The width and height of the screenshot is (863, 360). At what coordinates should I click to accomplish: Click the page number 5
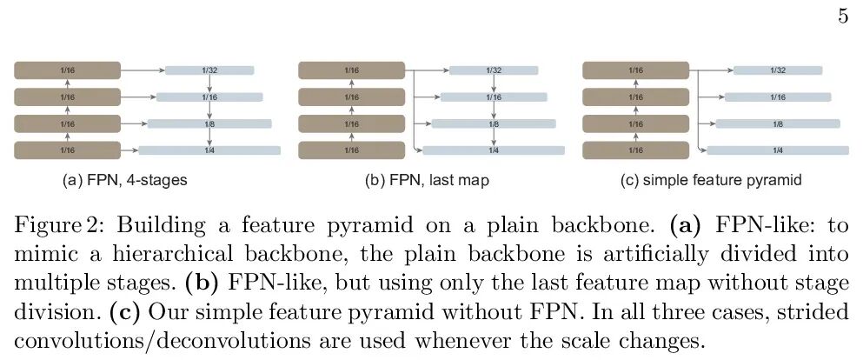coord(843,18)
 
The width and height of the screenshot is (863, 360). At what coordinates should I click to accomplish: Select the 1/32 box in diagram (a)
coord(209,70)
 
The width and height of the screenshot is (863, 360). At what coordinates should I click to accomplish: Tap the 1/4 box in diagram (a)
coord(209,150)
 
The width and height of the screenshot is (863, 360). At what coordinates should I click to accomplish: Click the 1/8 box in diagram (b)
coord(493,124)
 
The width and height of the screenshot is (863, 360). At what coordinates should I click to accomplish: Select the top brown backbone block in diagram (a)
coord(67,70)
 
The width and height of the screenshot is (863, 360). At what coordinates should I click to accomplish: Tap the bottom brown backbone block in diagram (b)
coord(351,150)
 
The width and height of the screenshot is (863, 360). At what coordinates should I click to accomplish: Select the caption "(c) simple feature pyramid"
coord(707,182)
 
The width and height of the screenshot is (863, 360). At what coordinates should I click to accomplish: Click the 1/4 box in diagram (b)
coord(493,150)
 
